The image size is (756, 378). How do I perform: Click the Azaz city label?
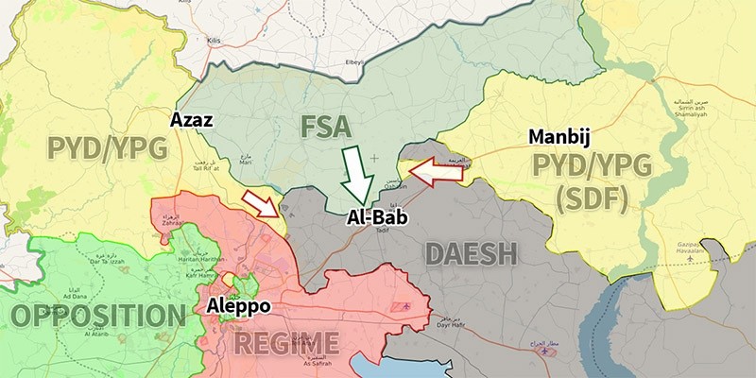pyautogui.click(x=191, y=120)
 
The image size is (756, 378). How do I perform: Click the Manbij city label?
pyautogui.click(x=558, y=138)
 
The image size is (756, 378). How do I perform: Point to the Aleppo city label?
pyautogui.click(x=238, y=307)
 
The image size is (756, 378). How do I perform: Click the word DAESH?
pyautogui.click(x=471, y=253)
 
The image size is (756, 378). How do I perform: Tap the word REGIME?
pyautogui.click(x=285, y=341)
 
